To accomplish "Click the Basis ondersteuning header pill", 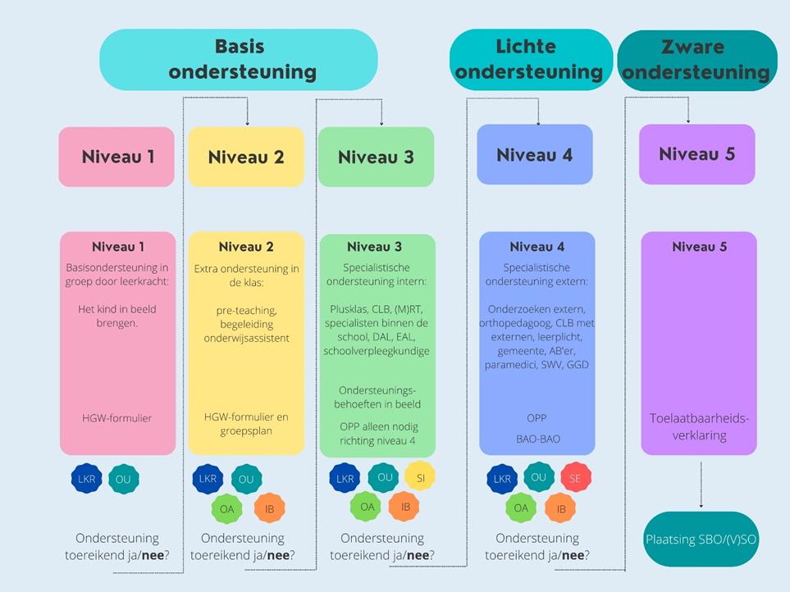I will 239,59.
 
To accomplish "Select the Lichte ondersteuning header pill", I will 530,59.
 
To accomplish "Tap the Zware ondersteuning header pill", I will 696,60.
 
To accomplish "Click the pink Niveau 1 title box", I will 116,157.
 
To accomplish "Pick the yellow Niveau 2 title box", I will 246,157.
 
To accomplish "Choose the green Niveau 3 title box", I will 376,157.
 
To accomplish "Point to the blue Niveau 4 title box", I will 535,154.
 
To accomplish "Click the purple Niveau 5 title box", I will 696,154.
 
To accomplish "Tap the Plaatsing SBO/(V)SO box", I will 701,540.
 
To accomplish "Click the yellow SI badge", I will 420,476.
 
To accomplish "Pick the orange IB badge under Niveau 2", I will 270,508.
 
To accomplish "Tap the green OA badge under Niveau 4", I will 521,508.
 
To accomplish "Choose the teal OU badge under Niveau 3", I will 384,476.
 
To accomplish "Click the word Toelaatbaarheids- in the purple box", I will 699,418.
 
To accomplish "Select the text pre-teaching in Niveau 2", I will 245,308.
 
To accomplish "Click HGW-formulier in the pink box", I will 117,417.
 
